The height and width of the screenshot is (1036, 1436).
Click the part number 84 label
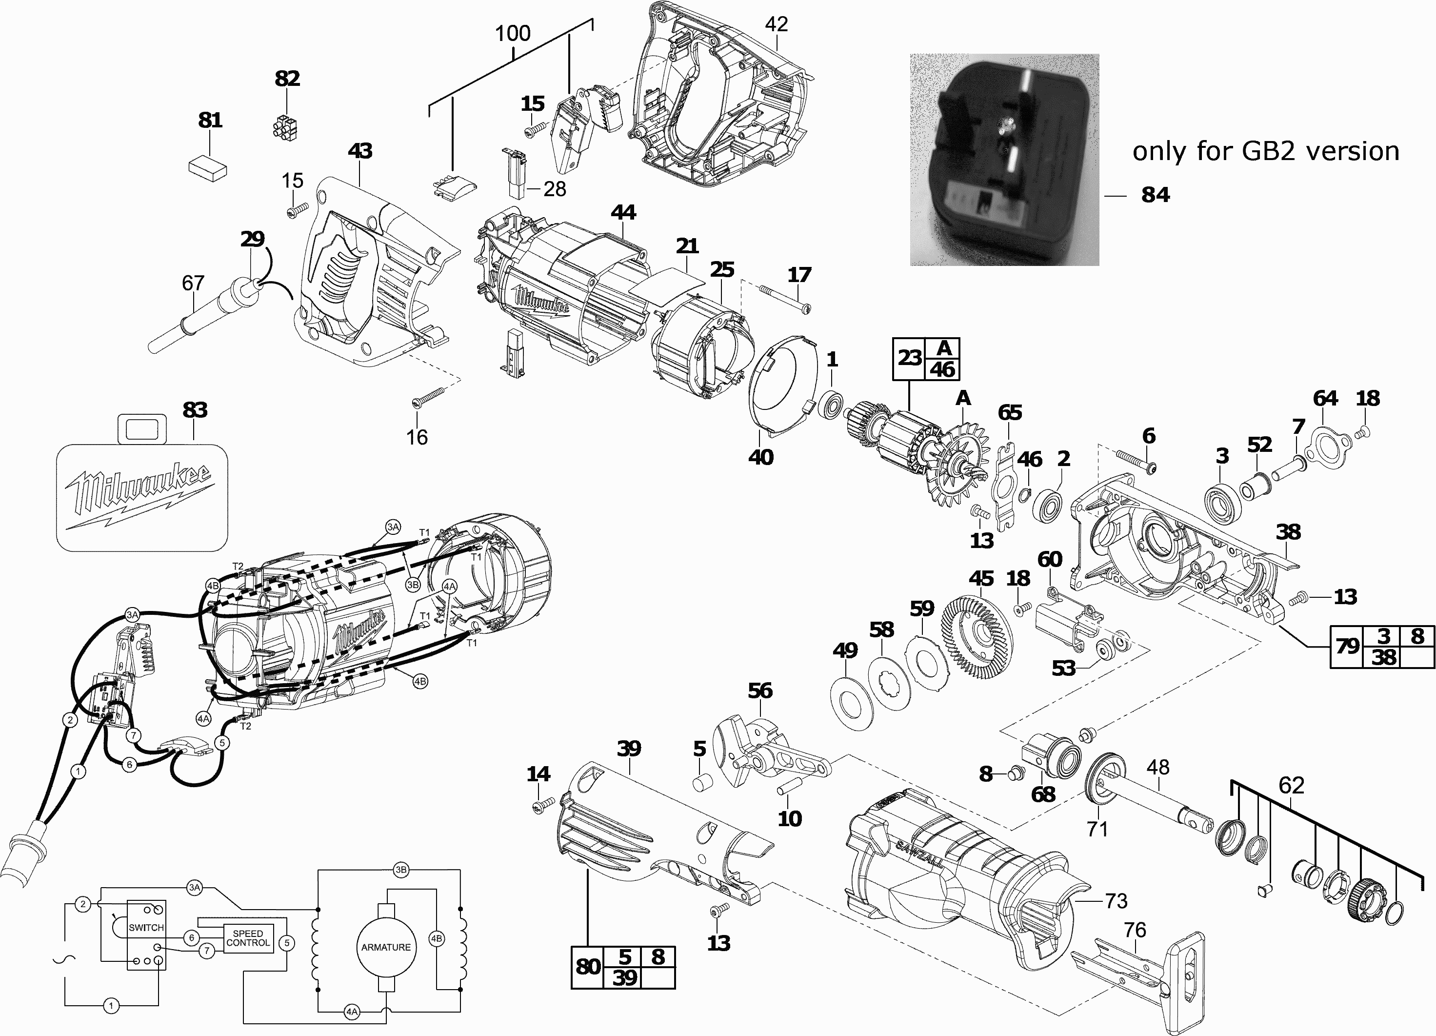click(1156, 195)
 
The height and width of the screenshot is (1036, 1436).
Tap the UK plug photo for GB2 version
click(1004, 160)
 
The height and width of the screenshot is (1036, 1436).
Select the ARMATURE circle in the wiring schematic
click(386, 947)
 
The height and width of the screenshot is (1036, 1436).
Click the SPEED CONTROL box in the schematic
click(248, 938)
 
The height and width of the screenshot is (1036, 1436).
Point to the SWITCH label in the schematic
click(146, 928)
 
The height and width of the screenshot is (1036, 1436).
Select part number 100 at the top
click(512, 34)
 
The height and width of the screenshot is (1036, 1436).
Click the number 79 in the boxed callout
click(1347, 646)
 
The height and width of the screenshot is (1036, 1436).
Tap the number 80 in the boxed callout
click(588, 967)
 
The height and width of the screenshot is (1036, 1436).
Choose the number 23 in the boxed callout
click(909, 358)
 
